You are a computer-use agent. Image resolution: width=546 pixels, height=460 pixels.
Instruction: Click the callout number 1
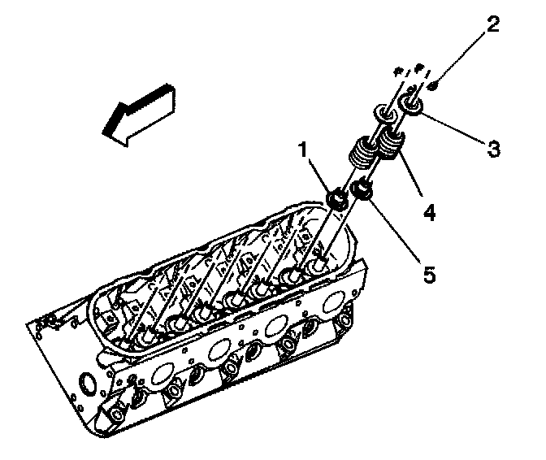pyautogui.click(x=301, y=149)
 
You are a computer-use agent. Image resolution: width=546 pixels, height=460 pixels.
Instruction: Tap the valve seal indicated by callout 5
pyautogui.click(x=363, y=193)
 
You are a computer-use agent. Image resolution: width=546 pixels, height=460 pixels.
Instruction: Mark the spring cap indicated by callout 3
pyautogui.click(x=410, y=105)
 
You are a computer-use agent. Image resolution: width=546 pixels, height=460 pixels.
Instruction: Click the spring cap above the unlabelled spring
pyautogui.click(x=382, y=111)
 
